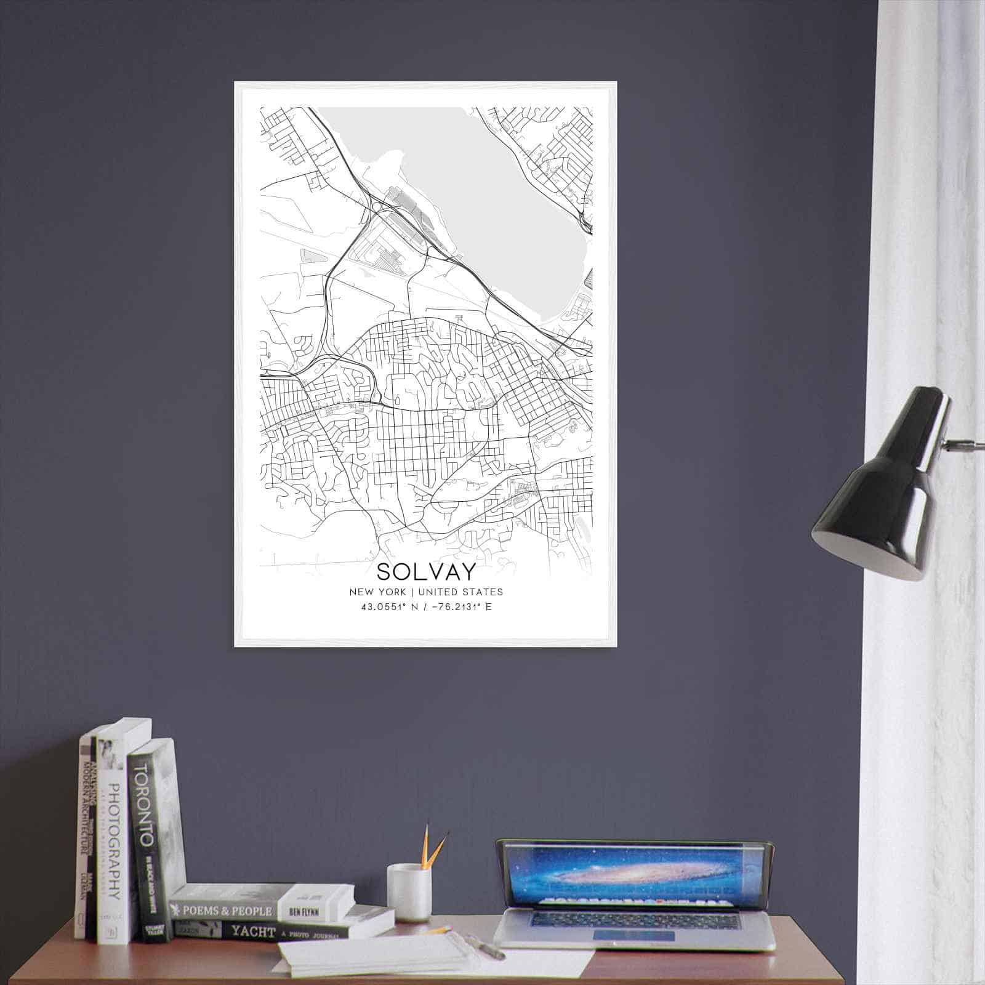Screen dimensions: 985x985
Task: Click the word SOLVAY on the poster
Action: pyautogui.click(x=426, y=572)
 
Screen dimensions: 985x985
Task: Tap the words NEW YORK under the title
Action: pyautogui.click(x=377, y=592)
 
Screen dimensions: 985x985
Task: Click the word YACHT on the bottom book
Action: pyautogui.click(x=252, y=932)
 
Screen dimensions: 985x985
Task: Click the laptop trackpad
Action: pyautogui.click(x=633, y=936)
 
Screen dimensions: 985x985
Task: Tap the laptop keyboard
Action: pyautogui.click(x=634, y=920)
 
